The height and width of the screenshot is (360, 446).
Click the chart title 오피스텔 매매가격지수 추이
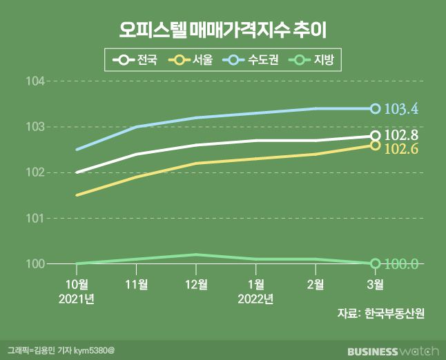[x=222, y=30]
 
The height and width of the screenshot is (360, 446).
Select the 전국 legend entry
[x=135, y=60]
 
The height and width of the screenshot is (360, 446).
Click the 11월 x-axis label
[x=137, y=285]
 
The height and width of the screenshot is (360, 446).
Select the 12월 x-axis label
[x=196, y=285]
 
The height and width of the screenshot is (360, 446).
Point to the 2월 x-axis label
[x=315, y=285]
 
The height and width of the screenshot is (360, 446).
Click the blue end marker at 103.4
[x=375, y=108]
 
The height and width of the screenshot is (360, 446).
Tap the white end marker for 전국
[x=375, y=136]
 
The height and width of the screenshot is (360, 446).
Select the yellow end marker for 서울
[x=375, y=145]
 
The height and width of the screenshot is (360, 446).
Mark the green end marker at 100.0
[x=375, y=263]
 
